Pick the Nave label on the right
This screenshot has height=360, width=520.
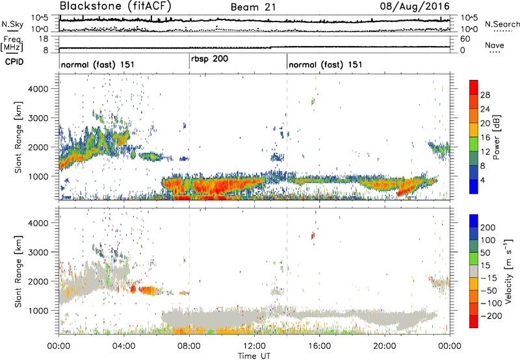[495, 45]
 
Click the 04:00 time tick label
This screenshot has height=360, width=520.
[123, 344]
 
